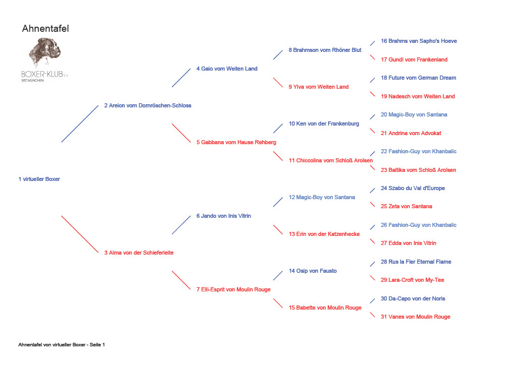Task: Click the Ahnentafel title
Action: [x=45, y=29]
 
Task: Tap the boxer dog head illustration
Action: [x=45, y=52]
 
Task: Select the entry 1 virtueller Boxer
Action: [x=39, y=179]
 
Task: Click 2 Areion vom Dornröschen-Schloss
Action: [x=148, y=106]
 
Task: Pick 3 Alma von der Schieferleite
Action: [x=139, y=253]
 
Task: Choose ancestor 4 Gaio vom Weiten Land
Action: [x=227, y=69]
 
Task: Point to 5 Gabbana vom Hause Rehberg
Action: [x=236, y=142]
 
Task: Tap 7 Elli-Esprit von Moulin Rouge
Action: [x=233, y=289]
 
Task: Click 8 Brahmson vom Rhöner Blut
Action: [x=325, y=50]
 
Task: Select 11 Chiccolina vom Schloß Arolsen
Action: [x=331, y=161]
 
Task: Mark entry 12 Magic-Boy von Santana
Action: [x=322, y=198]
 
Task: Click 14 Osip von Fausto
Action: [x=313, y=271]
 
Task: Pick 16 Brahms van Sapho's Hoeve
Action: [x=419, y=41]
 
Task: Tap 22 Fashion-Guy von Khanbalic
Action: [x=419, y=151]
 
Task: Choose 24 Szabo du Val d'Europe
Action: [x=413, y=188]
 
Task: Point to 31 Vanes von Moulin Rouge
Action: [x=416, y=317]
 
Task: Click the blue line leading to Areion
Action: [x=80, y=124]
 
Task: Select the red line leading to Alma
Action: [x=80, y=234]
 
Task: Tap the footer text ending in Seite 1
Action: [x=62, y=345]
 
